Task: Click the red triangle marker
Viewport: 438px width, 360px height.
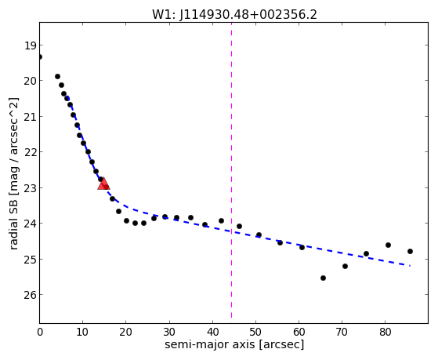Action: [x=103, y=184]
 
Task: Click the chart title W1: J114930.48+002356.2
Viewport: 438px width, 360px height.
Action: [x=234, y=15]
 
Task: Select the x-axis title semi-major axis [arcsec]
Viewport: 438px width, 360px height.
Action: [x=234, y=344]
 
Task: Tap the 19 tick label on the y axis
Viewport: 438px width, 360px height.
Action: [x=30, y=45]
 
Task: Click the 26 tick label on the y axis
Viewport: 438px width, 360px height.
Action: [x=30, y=295]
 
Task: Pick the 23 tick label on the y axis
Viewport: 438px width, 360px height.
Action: [x=30, y=188]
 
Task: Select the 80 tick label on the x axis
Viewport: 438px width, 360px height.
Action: [x=386, y=333]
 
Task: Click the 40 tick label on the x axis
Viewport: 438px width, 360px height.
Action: [x=212, y=333]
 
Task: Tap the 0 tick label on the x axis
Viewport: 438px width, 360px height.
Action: [x=40, y=333]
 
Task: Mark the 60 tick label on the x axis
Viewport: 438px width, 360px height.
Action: [x=299, y=333]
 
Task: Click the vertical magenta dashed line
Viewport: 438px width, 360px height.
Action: [x=232, y=170]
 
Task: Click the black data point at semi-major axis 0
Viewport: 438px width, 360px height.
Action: [x=39, y=57]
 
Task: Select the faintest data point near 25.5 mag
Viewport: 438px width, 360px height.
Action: [x=323, y=278]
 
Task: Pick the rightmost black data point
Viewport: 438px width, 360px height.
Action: [x=410, y=252]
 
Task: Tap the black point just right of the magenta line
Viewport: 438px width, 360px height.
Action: [x=240, y=227]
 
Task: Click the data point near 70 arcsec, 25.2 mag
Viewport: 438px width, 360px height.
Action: [x=345, y=267]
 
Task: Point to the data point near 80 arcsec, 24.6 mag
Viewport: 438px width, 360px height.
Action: [x=388, y=245]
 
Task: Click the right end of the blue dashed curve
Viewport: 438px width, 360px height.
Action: [x=410, y=265]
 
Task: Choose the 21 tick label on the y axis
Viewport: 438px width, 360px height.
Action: [x=30, y=117]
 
